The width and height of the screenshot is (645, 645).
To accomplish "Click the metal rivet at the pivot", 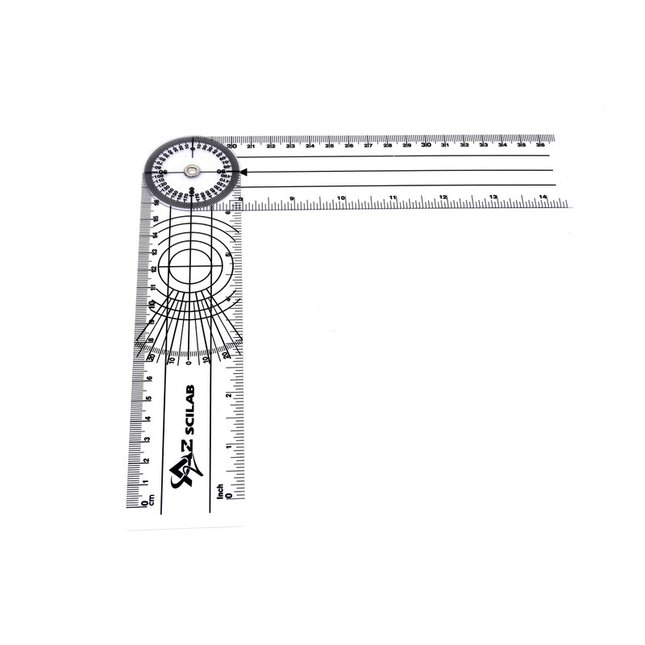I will coord(191,170).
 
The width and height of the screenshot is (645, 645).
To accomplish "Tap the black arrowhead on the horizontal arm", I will coord(244,171).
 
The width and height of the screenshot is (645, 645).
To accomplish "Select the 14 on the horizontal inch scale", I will coord(543,197).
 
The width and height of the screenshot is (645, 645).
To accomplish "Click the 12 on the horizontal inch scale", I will coord(443,197).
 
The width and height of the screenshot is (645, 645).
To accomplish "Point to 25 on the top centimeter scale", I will coord(329,146).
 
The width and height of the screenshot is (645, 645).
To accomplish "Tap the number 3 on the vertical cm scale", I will coord(146,439).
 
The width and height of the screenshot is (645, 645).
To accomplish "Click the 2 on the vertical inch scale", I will coord(229,395).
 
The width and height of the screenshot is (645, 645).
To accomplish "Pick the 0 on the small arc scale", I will coord(189,362).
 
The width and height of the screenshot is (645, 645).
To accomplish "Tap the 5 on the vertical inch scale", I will coord(229,255).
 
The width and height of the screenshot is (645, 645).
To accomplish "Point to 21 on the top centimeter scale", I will coord(252,146).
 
